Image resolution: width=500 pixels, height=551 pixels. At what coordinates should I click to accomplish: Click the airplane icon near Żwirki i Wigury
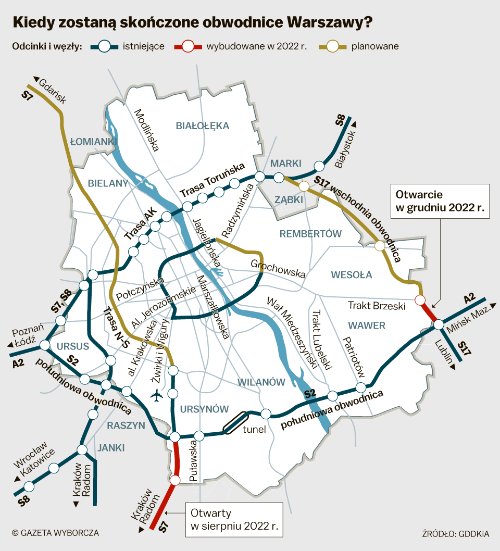tap(156, 396)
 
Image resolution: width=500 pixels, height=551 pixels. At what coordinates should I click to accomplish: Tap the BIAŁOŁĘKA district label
tap(203, 126)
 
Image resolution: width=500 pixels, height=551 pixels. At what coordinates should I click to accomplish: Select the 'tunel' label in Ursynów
tap(255, 430)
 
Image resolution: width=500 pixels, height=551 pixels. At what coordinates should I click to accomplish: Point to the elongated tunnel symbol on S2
tap(235, 422)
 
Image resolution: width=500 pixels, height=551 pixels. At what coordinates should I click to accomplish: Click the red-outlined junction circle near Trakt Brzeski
tap(420, 299)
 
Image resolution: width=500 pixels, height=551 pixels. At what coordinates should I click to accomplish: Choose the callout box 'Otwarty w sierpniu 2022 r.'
tap(234, 519)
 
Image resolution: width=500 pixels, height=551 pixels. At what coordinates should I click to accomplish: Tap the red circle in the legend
tap(189, 46)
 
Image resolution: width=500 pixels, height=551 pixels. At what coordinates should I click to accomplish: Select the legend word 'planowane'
tap(375, 46)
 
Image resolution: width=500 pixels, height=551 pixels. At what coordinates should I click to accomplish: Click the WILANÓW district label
tap(261, 382)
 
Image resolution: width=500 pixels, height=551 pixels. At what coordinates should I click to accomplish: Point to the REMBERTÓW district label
tap(310, 234)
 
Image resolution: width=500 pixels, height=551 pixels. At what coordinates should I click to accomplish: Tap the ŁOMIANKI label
tap(92, 142)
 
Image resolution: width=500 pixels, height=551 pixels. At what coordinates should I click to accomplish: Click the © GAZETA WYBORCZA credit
tap(55, 533)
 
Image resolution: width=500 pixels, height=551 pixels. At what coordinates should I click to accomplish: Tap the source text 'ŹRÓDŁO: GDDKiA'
tap(456, 533)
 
